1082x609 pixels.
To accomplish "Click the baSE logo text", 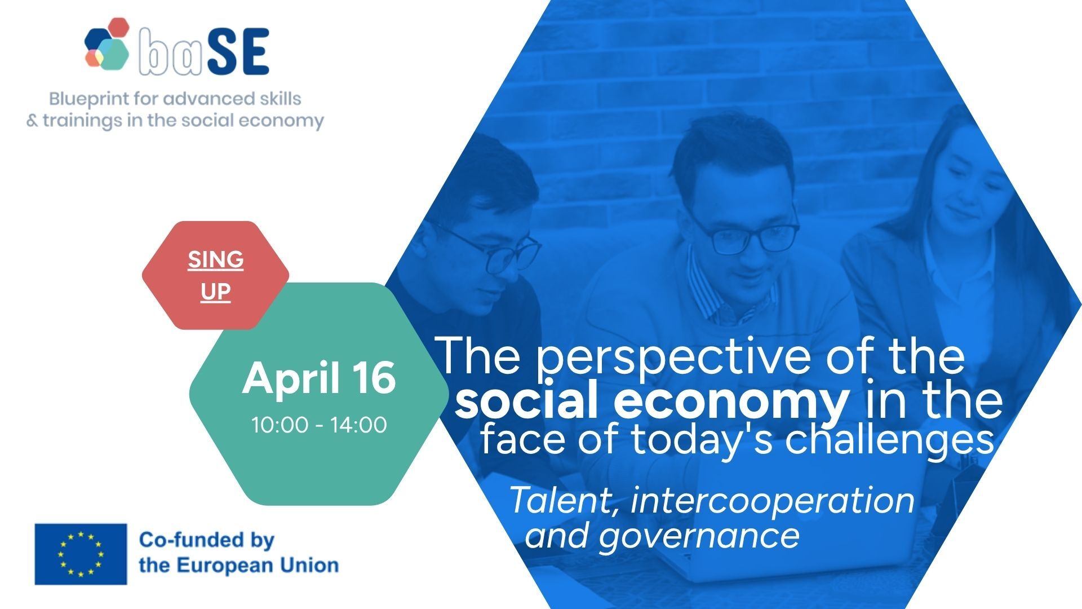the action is click(204, 51).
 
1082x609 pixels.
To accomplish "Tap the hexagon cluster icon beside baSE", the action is click(108, 45).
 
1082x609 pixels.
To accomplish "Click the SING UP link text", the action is click(216, 275).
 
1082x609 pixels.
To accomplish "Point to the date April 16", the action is click(319, 378).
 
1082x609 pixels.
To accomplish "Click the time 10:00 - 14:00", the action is click(319, 425).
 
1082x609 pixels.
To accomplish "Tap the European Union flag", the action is click(81, 554).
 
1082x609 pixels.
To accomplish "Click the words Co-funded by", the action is click(206, 540).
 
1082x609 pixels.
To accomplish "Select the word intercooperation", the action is click(773, 500).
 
